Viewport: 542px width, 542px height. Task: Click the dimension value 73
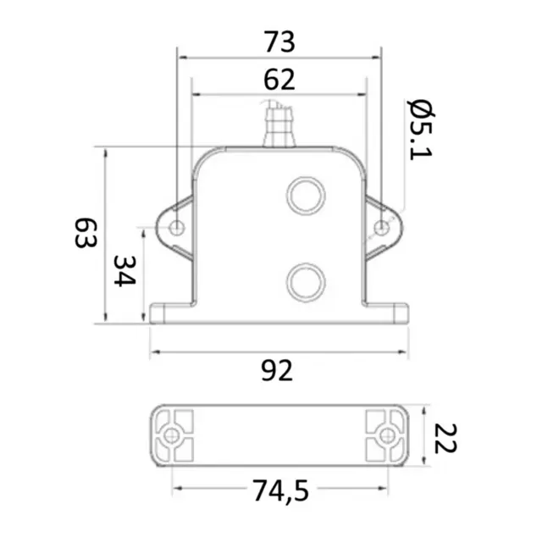(x=279, y=41)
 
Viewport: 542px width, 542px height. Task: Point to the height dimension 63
(x=83, y=233)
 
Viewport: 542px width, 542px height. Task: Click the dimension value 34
(x=124, y=272)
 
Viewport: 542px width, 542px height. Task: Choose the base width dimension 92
(x=279, y=370)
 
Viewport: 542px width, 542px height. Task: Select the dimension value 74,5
(x=279, y=489)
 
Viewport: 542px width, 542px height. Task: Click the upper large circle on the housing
(x=306, y=195)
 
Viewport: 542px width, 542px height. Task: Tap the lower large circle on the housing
(x=306, y=281)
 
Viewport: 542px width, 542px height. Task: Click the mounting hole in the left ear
(x=177, y=227)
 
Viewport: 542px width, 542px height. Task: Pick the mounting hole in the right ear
(x=382, y=227)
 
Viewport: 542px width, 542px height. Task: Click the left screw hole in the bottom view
(x=172, y=436)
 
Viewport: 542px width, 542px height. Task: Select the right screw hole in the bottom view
(x=387, y=436)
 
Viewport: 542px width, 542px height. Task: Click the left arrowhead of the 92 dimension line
(x=153, y=351)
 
